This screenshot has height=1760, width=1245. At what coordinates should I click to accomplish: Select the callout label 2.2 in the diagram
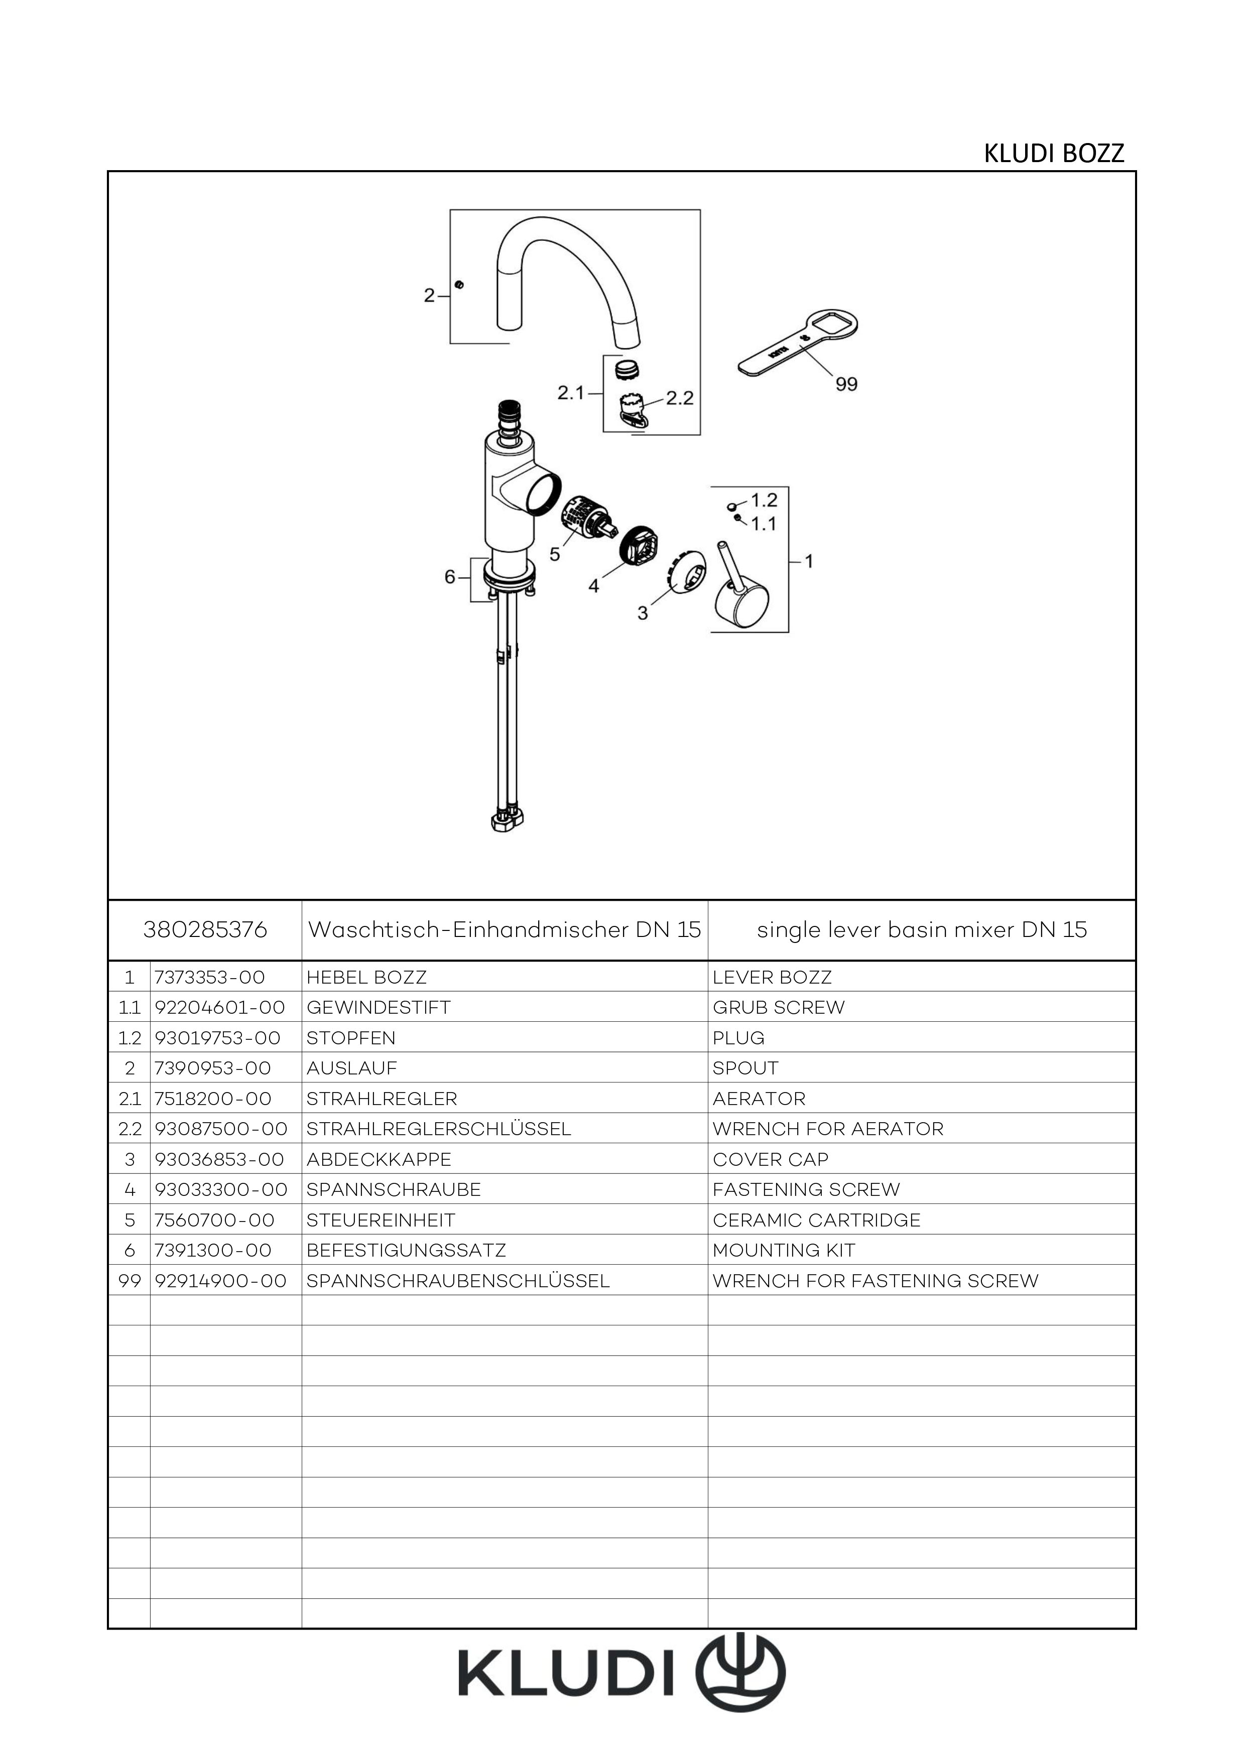pyautogui.click(x=679, y=398)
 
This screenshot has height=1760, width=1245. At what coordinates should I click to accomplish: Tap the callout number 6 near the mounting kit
pyautogui.click(x=450, y=577)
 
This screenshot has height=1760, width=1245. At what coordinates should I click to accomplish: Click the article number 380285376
pyautogui.click(x=205, y=930)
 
